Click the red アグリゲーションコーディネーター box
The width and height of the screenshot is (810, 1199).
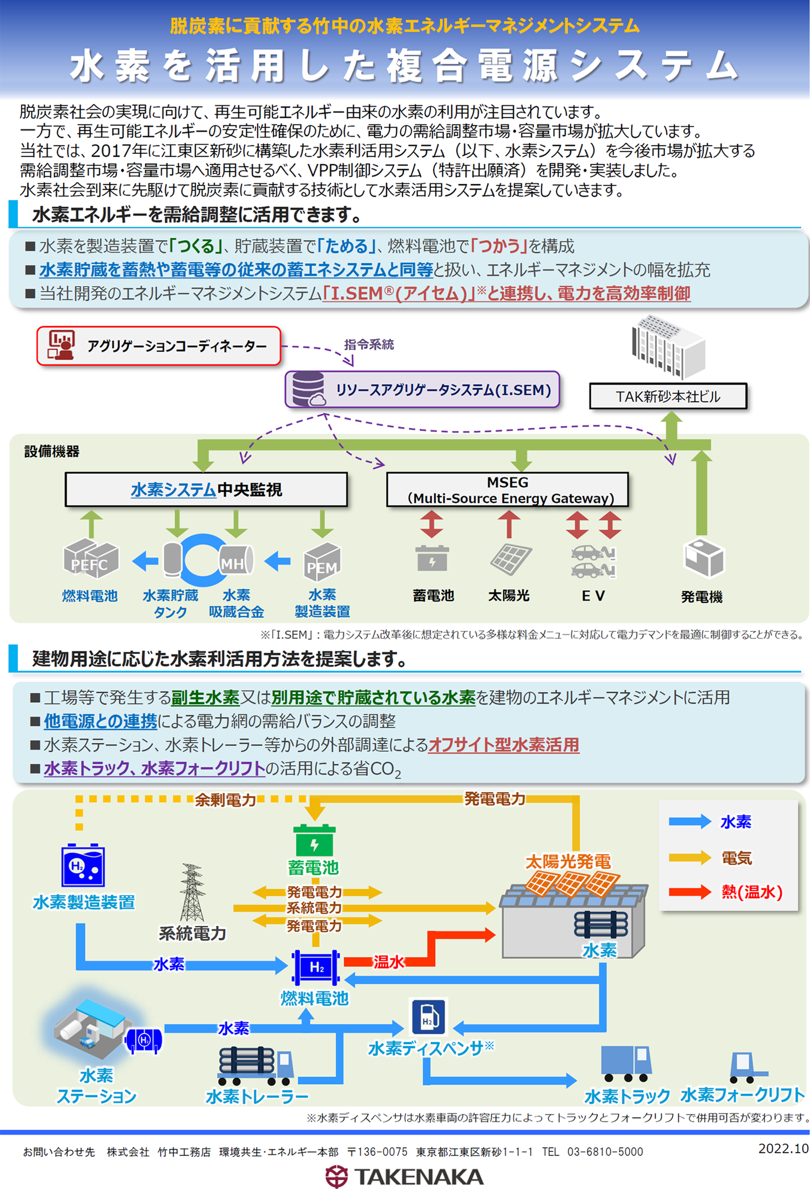pyautogui.click(x=159, y=346)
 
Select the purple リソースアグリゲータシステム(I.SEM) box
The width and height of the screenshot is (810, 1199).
pyautogui.click(x=422, y=389)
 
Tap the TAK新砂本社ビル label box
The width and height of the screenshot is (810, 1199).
pyautogui.click(x=668, y=396)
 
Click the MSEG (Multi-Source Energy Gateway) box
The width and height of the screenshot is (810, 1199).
pyautogui.click(x=508, y=490)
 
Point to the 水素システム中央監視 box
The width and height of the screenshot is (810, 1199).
pyautogui.click(x=206, y=490)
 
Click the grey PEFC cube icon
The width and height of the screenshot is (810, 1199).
pyautogui.click(x=90, y=558)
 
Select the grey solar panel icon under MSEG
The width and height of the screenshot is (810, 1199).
pyautogui.click(x=510, y=558)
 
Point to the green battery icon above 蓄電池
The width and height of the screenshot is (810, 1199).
pyautogui.click(x=314, y=839)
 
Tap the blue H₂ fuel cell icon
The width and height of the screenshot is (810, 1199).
pyautogui.click(x=316, y=967)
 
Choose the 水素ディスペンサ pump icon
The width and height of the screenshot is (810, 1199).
pyautogui.click(x=429, y=1016)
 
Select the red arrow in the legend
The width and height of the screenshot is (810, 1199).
pyautogui.click(x=690, y=892)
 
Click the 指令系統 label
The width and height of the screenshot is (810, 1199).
pyautogui.click(x=369, y=345)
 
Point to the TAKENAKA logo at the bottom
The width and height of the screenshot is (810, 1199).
pyautogui.click(x=404, y=1177)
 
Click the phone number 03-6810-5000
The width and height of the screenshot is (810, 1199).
pyautogui.click(x=605, y=1152)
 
